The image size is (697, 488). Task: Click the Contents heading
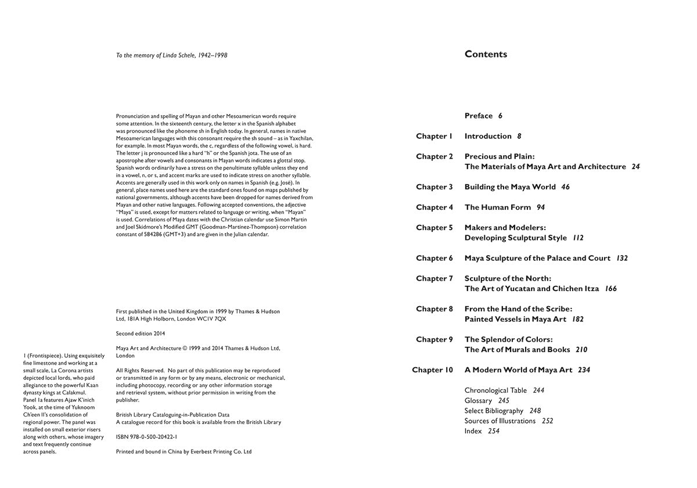(x=486, y=55)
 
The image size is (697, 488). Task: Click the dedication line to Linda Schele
(x=171, y=56)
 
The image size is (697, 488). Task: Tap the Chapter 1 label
(x=434, y=137)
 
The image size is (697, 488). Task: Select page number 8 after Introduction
(x=519, y=137)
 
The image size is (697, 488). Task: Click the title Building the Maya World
(x=510, y=187)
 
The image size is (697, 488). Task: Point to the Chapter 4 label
(x=434, y=207)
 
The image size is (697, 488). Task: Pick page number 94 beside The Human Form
(x=541, y=207)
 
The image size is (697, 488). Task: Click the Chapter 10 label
(x=432, y=370)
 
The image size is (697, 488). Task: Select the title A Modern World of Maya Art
(x=518, y=370)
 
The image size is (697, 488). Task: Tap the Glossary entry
(x=478, y=401)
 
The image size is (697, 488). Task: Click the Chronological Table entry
(x=495, y=390)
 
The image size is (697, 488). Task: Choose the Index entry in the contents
(x=473, y=431)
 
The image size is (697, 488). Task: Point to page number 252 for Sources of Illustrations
(x=547, y=421)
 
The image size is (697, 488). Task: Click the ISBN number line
(x=146, y=436)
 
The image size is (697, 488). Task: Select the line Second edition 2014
(x=141, y=333)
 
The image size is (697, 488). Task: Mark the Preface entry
(x=479, y=116)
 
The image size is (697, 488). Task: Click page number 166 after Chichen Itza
(x=610, y=289)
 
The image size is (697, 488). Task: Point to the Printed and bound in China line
(x=184, y=451)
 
